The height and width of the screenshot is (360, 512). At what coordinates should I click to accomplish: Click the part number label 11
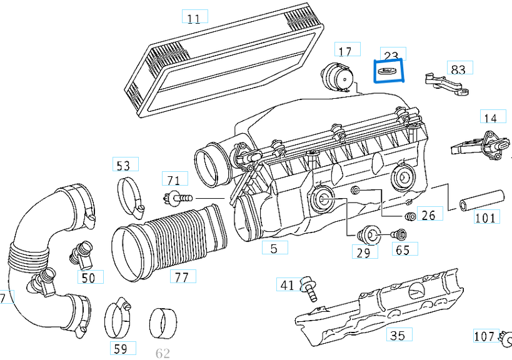coord(194,17)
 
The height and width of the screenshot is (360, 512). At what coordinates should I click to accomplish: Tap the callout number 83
coord(458,69)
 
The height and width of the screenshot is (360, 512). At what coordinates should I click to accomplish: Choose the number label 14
coord(490,117)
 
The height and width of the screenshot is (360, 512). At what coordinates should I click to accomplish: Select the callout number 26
coord(428,216)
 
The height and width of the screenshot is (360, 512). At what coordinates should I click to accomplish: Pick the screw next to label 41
coord(308,288)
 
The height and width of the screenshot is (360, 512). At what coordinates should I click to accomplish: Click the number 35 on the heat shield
coord(397,336)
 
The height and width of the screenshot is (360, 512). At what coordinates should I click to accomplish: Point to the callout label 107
coord(484,336)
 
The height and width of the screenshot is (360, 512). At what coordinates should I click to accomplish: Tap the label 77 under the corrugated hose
coord(181,277)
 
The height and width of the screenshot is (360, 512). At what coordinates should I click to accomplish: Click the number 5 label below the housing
coord(274,248)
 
